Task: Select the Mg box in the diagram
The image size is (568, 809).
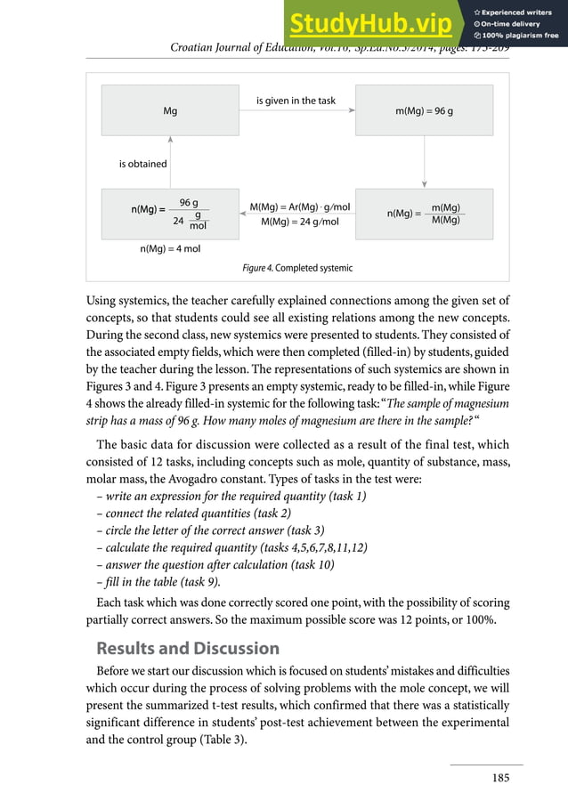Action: pos(170,110)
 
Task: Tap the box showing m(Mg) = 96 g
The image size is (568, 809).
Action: pos(424,110)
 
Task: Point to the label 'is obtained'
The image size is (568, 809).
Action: pos(142,164)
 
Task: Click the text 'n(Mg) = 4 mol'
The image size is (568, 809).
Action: pos(170,249)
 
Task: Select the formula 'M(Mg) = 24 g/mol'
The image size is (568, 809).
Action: pos(300,222)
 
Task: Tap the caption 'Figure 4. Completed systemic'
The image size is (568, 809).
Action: pos(297,268)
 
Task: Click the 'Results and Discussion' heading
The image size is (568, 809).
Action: pos(188,648)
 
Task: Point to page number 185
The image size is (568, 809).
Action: pos(500,778)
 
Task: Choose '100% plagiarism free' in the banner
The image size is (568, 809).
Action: pos(519,36)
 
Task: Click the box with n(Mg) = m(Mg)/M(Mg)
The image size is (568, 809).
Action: pos(424,214)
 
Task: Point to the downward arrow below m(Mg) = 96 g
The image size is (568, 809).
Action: pos(424,160)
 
